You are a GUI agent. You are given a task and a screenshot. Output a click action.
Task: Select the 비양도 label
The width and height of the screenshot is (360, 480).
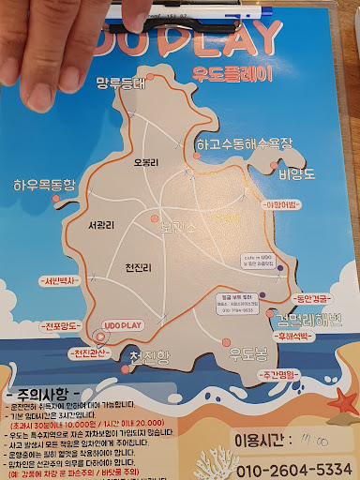296,173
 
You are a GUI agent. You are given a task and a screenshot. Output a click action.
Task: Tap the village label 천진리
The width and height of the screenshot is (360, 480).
138,268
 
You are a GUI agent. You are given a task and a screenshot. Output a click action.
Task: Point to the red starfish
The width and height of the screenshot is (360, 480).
344,403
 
